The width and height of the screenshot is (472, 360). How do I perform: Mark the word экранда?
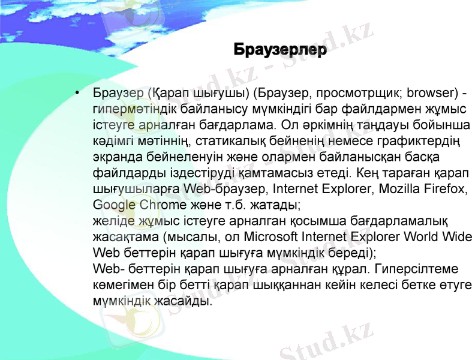click(113, 157)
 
